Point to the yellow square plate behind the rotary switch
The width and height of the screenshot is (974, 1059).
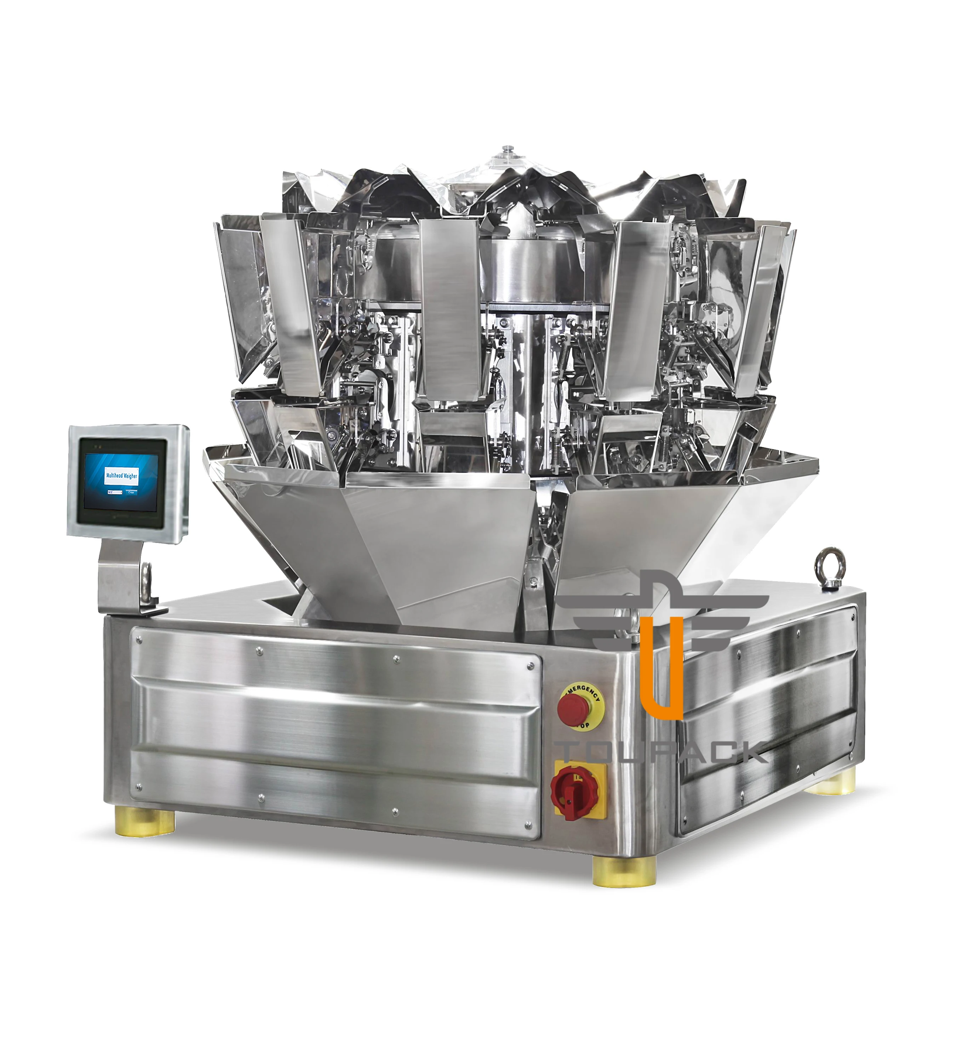[x=580, y=794]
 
